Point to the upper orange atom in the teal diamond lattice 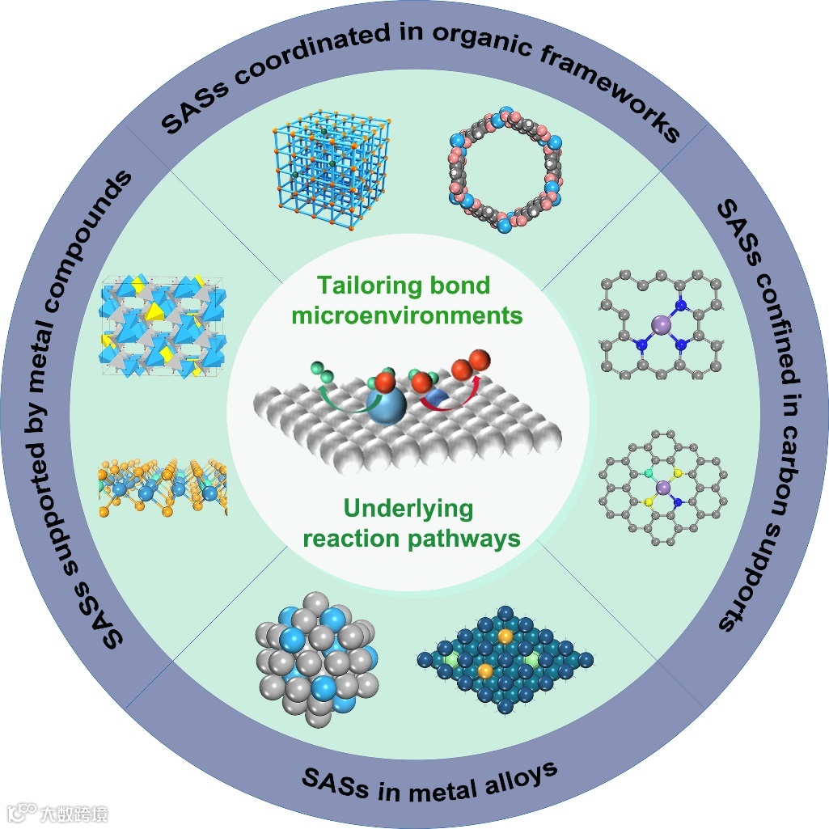pyautogui.click(x=505, y=637)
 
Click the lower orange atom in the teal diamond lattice pyautogui.click(x=485, y=671)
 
